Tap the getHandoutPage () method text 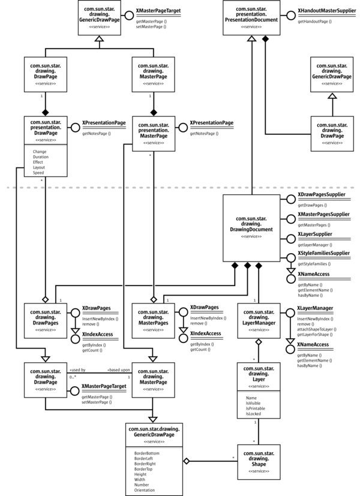313,22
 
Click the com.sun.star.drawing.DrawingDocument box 250,228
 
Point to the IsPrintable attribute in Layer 256,408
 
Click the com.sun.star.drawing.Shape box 258,459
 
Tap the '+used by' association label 77,370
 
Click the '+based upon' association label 118,370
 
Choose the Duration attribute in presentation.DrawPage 41,157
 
